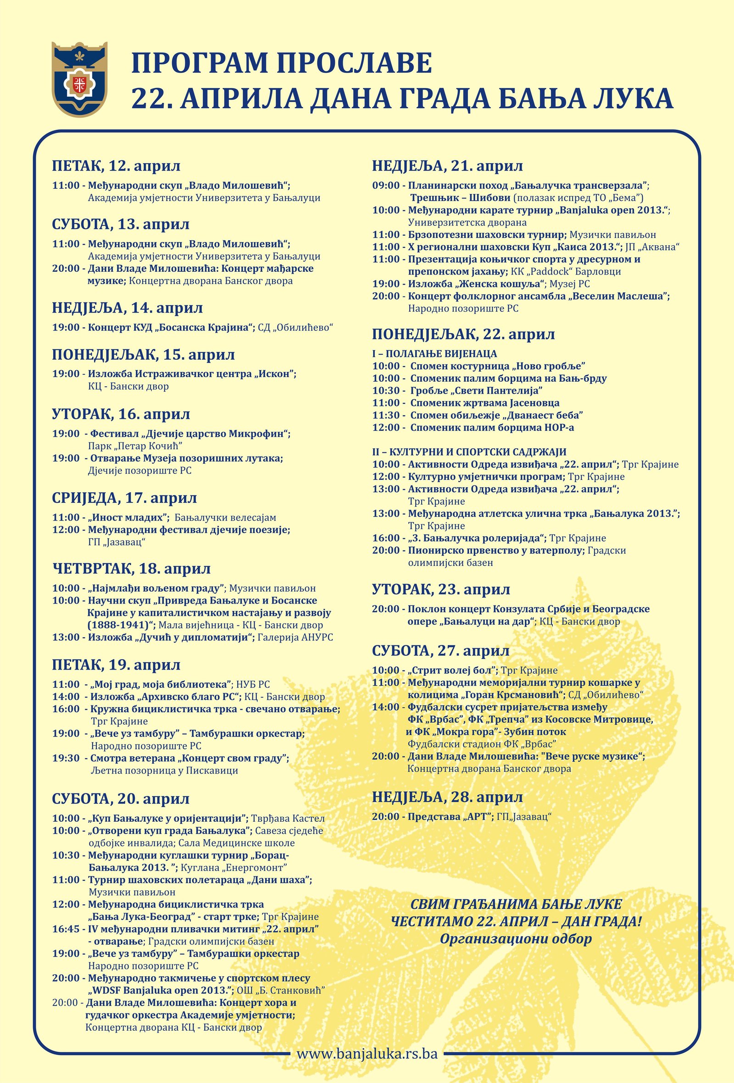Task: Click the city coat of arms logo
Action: (79, 79)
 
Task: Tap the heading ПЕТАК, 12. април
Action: (116, 166)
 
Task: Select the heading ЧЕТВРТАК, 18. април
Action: (131, 568)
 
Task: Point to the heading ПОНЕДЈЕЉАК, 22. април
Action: (463, 334)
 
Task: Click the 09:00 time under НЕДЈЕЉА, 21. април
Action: (386, 186)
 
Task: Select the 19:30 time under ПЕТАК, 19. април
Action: (66, 758)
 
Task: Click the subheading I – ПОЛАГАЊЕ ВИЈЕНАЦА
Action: (434, 354)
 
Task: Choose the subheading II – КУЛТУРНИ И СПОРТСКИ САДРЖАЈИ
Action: (469, 452)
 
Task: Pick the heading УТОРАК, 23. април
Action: (441, 589)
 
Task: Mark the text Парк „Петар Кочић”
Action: (135, 446)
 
